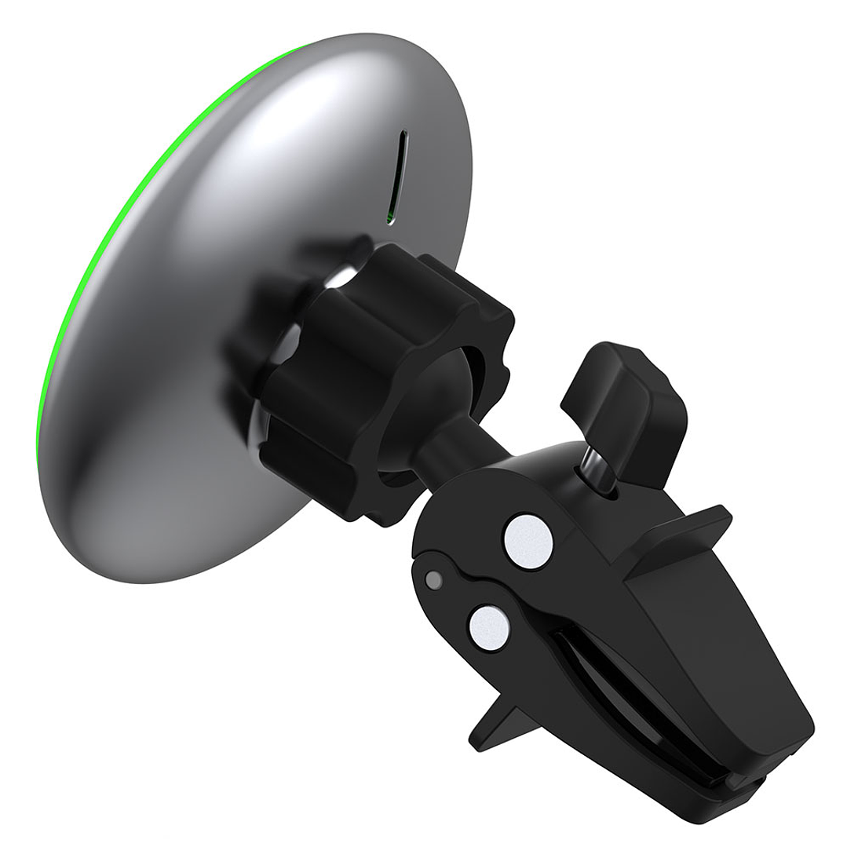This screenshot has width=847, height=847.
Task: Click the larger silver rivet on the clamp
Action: [x=528, y=541]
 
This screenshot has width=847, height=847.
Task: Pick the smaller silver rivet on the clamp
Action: [x=488, y=627]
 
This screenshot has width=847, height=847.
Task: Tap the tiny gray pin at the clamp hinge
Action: [x=432, y=580]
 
